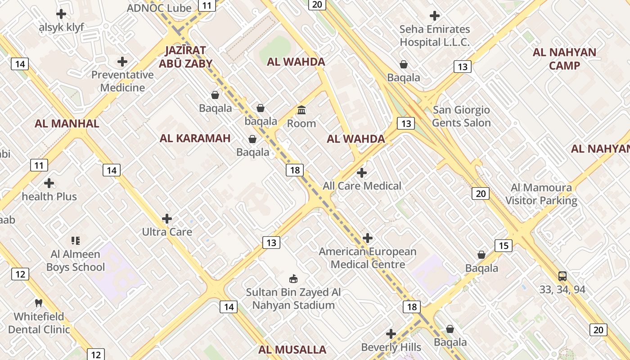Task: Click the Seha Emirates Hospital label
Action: tap(435, 36)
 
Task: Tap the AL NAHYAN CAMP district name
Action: tap(564, 59)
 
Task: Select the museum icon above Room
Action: tap(301, 110)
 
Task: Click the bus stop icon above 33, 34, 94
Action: tap(562, 276)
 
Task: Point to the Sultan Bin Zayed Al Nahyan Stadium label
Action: tap(293, 299)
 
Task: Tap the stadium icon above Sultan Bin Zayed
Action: tap(293, 279)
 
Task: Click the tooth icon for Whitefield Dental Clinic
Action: tap(39, 303)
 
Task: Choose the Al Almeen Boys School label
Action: tap(76, 261)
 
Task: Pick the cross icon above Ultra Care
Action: tap(167, 219)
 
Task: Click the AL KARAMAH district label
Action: tap(195, 139)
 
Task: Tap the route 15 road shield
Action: tap(504, 246)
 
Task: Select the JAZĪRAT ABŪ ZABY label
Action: tap(185, 57)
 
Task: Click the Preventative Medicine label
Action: tap(122, 81)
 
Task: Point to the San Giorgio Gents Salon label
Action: tap(461, 116)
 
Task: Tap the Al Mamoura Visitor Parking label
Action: tap(541, 194)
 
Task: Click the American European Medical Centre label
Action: tap(368, 258)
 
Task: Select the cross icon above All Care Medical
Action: tap(361, 173)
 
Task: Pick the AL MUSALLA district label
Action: tap(292, 350)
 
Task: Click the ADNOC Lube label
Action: tap(159, 8)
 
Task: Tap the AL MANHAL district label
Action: tap(67, 124)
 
